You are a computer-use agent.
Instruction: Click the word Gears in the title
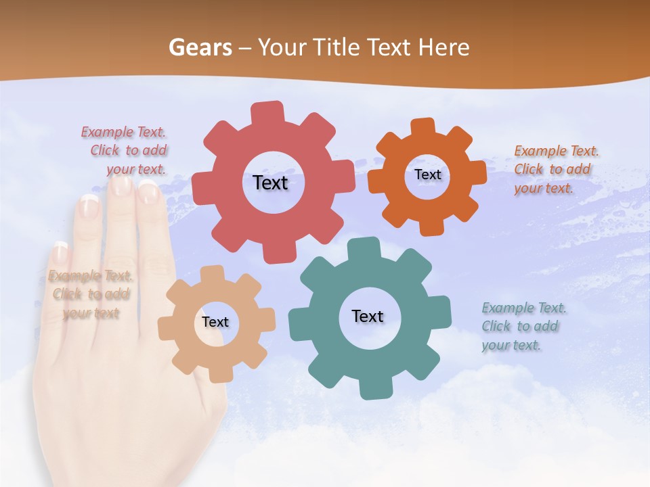pos(200,47)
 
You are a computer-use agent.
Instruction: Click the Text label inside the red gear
pos(270,183)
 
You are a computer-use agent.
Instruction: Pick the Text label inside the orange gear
pos(427,175)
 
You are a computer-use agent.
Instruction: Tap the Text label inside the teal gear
pos(368,316)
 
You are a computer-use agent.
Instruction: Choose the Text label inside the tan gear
pos(215,322)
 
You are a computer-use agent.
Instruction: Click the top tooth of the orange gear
pos(422,127)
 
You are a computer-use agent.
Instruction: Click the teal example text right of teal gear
pos(523,326)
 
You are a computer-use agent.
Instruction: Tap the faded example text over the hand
pos(90,294)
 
